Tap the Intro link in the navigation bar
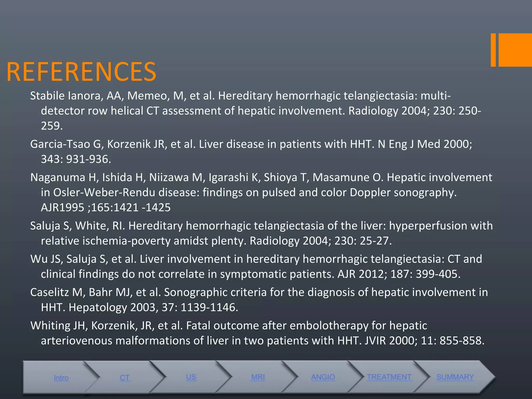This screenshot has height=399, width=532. [x=61, y=378]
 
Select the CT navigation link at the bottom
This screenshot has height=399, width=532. [x=125, y=378]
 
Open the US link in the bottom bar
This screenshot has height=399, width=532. [x=191, y=377]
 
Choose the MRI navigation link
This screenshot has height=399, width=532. [x=258, y=377]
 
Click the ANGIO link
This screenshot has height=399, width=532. [x=323, y=377]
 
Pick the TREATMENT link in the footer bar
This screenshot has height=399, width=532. [x=389, y=377]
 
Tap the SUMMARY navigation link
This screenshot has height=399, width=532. [x=455, y=377]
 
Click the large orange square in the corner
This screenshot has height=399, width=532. [x=515, y=50]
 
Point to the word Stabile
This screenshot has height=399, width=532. [x=47, y=96]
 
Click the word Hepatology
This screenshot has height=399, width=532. [x=98, y=307]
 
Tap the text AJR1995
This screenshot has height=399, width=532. [x=62, y=208]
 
